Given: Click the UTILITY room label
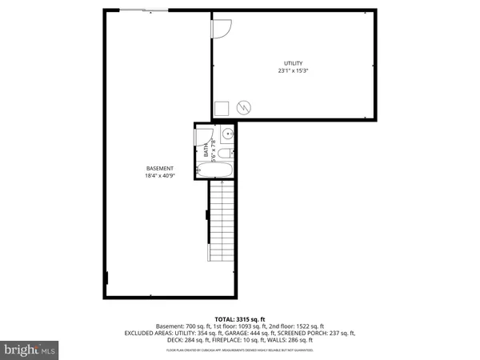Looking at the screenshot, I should tap(293, 63).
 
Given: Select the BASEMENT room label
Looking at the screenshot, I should tap(160, 168).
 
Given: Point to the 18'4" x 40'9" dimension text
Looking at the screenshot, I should tap(160, 176).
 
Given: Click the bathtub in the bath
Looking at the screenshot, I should tap(214, 170).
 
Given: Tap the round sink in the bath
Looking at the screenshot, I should tap(227, 134).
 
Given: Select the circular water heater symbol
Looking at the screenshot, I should tap(245, 106).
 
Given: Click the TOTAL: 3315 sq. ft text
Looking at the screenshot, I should tap(240, 319).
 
